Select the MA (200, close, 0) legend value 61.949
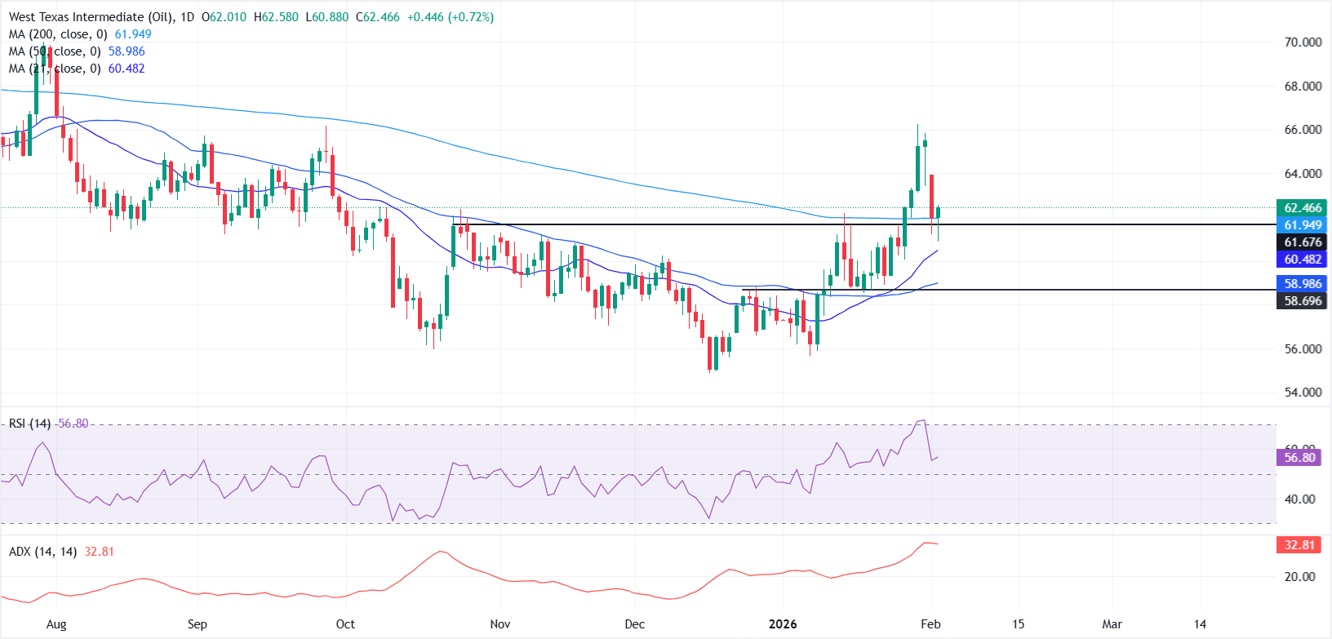point(133,34)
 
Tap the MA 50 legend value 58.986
point(127,51)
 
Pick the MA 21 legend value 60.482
point(127,69)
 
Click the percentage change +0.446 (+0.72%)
point(451,17)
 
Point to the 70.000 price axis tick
point(1303,42)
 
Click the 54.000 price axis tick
point(1303,393)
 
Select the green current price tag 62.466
point(1303,208)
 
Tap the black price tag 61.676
point(1303,242)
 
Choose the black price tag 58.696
point(1303,301)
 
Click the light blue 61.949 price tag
point(1303,225)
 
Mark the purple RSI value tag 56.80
point(1299,458)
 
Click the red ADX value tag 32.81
point(1299,545)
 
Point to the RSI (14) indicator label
point(30,424)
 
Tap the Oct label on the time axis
point(345,624)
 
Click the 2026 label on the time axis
point(783,624)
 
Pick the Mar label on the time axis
point(1112,624)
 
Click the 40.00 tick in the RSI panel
point(1299,499)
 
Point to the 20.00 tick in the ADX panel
point(1299,577)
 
